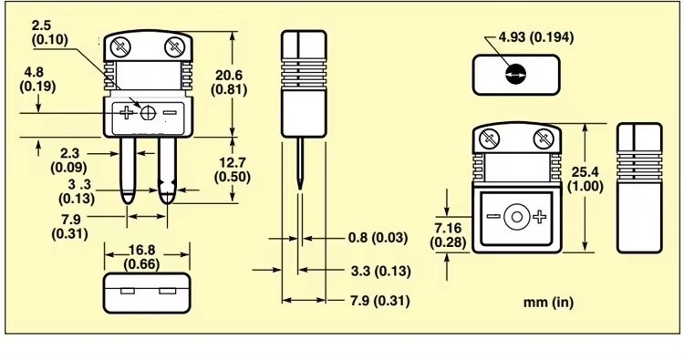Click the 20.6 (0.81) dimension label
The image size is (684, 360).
(229, 82)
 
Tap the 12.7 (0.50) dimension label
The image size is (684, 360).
(233, 170)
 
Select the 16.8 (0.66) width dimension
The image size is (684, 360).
(141, 257)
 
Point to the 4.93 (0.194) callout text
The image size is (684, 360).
(536, 37)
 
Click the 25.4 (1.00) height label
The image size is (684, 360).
(586, 179)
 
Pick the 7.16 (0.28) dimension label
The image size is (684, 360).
(448, 235)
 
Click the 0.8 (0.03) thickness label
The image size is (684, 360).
(378, 238)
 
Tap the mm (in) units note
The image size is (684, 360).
(548, 302)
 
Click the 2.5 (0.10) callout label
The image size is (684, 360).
(50, 32)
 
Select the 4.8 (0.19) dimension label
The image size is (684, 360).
(37, 79)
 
